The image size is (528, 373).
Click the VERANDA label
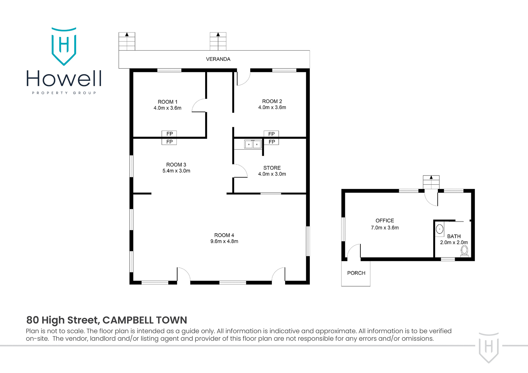click(218, 59)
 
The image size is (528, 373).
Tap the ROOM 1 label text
click(168, 102)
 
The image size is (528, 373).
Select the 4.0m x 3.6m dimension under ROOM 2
click(272, 107)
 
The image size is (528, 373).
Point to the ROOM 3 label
click(176, 165)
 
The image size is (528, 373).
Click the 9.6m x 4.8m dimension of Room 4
click(224, 241)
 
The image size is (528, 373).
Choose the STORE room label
click(272, 168)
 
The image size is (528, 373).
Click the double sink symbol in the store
click(253, 144)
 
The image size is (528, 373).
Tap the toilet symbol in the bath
click(464, 251)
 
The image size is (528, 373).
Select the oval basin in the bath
click(440, 229)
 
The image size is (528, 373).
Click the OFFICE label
click(385, 221)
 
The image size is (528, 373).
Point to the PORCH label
click(356, 273)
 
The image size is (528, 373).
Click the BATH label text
click(454, 236)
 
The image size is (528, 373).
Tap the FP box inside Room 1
click(169, 134)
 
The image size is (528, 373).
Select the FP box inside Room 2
click(271, 134)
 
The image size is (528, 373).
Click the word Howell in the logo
click(64, 79)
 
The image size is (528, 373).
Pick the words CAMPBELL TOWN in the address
click(145, 320)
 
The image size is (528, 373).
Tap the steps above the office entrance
click(431, 182)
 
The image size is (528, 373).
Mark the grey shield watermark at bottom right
click(489, 347)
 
